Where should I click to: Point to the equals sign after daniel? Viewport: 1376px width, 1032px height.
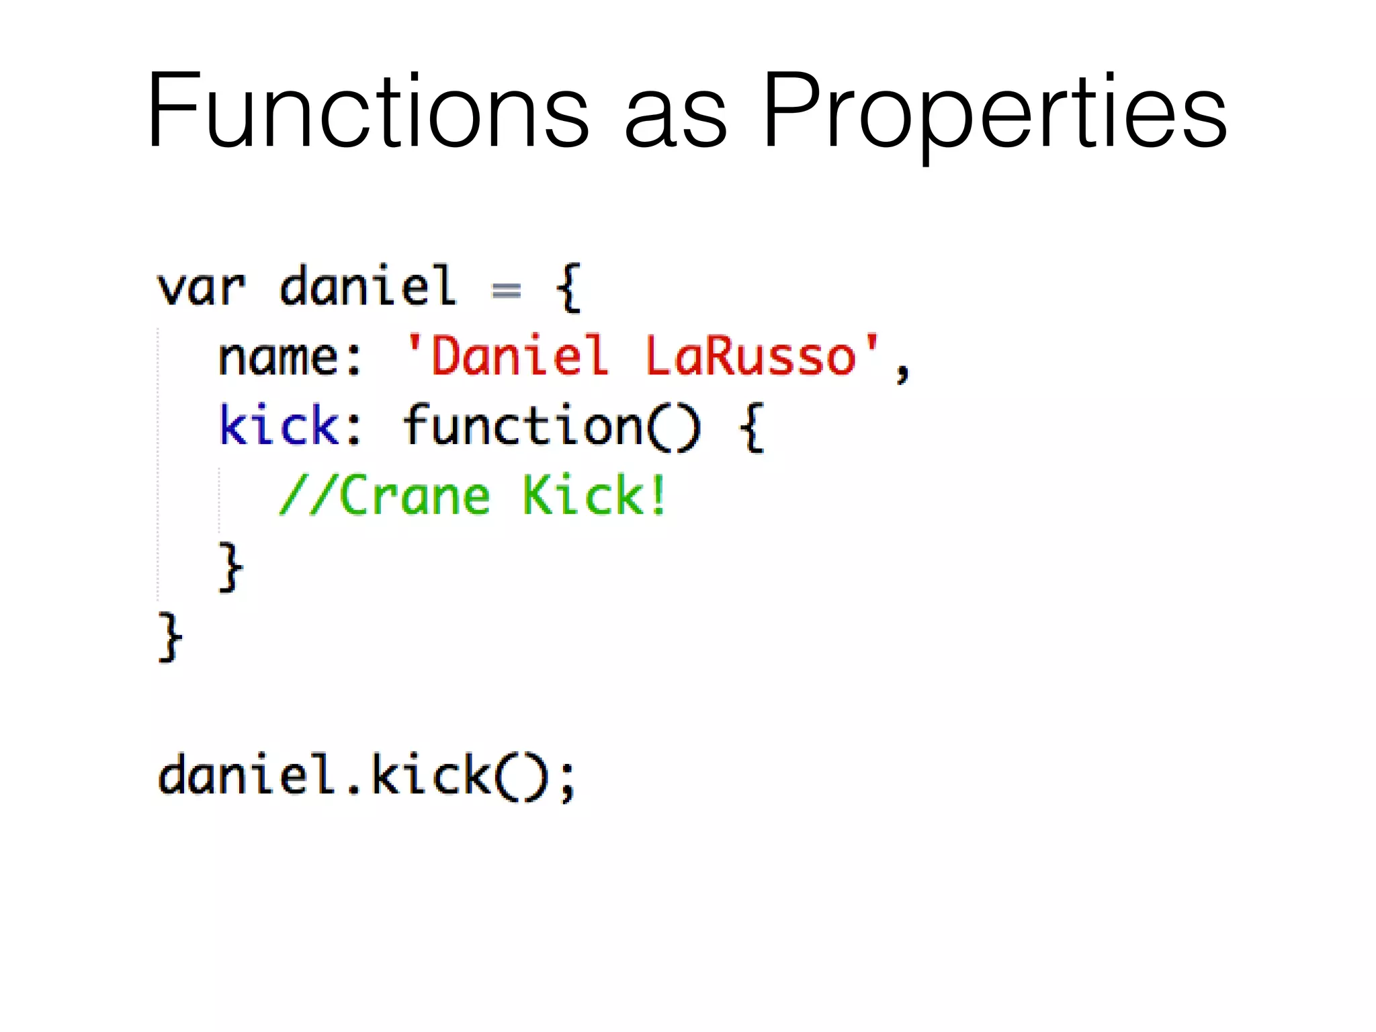(x=506, y=290)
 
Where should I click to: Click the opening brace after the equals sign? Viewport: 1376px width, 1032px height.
(x=568, y=288)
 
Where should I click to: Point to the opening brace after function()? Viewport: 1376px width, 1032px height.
(x=752, y=427)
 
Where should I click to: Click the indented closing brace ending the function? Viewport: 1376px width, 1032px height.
(x=230, y=568)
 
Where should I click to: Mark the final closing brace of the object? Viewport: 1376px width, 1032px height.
(x=169, y=636)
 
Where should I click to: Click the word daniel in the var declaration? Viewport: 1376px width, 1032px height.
(x=368, y=287)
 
